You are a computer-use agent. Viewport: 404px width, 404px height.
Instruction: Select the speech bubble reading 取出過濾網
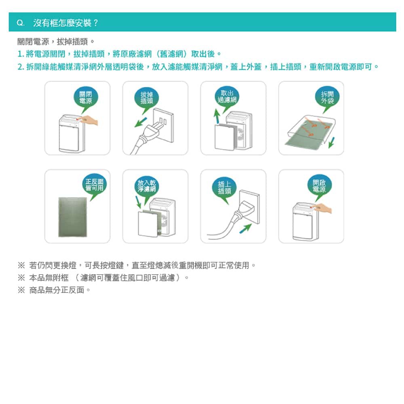tap(227, 97)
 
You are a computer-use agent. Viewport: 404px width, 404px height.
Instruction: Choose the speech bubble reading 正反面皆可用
tap(94, 185)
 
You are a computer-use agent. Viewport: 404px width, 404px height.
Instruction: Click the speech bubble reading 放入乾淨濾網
tap(147, 186)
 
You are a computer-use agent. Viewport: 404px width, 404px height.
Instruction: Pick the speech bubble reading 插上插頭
tap(224, 188)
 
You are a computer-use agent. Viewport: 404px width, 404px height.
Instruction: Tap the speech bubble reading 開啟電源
tap(320, 186)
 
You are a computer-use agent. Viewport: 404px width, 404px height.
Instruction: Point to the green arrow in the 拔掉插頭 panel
tap(141, 122)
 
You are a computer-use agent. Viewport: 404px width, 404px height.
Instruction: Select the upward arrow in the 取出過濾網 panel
tap(217, 116)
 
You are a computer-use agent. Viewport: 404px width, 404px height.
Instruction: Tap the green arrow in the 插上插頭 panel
tap(245, 228)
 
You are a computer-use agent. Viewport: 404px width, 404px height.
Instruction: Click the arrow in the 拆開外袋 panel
tap(332, 143)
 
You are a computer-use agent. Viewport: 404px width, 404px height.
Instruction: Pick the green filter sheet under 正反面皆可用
tap(73, 217)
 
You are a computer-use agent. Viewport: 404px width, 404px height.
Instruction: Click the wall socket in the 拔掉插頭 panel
tap(164, 125)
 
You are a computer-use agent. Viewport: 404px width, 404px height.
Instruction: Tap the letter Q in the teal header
tap(20, 23)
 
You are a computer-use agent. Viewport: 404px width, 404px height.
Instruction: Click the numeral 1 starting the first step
tap(19, 54)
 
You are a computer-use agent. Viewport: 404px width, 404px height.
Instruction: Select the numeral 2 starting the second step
tap(20, 67)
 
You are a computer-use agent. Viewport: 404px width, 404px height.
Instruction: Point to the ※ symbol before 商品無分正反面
tap(21, 290)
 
